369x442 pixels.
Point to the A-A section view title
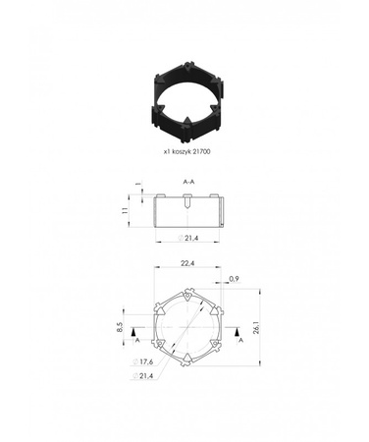pos(187,183)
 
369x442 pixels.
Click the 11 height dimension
pos(126,209)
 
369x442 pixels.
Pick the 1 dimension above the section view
pos(139,184)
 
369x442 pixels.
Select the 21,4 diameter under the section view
pos(190,239)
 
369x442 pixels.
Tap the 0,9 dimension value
pos(234,280)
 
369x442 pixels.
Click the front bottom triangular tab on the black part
pos(187,126)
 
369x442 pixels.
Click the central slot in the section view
pos(187,204)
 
